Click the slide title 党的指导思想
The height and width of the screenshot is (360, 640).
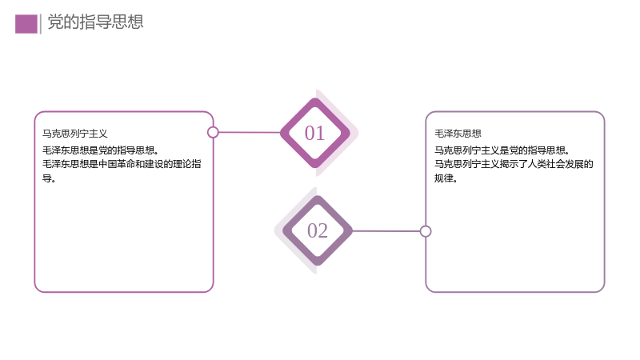(95, 22)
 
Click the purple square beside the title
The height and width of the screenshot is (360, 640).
(26, 24)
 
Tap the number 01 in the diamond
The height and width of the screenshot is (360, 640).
(314, 133)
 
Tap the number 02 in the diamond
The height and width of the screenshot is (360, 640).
(318, 230)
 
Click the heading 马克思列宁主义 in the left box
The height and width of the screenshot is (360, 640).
(75, 134)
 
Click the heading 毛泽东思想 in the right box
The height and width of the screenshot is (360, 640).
(458, 134)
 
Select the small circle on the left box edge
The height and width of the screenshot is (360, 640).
(213, 132)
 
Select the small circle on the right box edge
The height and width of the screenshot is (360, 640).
(426, 231)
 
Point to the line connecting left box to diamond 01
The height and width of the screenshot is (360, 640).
(250, 132)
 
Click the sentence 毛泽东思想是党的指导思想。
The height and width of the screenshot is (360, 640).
(101, 150)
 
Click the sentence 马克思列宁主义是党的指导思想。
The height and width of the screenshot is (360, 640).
(502, 150)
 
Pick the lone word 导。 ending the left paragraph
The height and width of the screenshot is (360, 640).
(49, 178)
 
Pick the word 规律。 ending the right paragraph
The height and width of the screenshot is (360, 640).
(446, 178)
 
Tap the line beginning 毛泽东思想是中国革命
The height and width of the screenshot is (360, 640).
(122, 164)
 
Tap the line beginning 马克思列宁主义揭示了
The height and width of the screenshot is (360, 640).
(514, 164)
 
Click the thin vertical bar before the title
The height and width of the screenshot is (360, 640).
(41, 24)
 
